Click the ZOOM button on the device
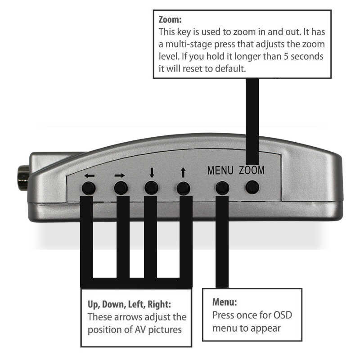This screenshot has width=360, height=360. [253, 187]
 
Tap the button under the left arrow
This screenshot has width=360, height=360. [89, 188]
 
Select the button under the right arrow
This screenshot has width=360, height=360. [121, 188]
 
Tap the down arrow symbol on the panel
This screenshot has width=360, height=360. [152, 172]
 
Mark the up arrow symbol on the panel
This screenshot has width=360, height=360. [183, 172]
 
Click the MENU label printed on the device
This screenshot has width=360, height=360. [220, 171]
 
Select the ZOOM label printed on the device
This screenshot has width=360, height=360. [252, 171]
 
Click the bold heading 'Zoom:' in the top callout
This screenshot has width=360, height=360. [170, 20]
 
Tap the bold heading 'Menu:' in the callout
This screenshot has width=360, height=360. [224, 302]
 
